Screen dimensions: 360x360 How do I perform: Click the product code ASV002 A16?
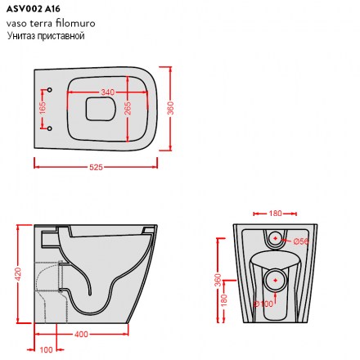[34, 9]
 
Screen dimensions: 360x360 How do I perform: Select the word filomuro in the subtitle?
[75, 23]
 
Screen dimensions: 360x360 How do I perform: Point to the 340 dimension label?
[107, 92]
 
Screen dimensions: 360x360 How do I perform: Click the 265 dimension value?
[128, 108]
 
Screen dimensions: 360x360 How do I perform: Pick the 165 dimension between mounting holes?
[43, 108]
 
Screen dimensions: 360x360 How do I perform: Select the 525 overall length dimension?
[96, 167]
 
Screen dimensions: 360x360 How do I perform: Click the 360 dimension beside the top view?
[170, 108]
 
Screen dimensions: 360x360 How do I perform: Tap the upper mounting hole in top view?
[50, 90]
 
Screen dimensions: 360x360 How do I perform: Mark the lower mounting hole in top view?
[50, 128]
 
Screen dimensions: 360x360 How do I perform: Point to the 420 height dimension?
[17, 274]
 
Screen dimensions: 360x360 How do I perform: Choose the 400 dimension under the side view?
[81, 334]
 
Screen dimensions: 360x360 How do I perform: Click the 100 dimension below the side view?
[46, 349]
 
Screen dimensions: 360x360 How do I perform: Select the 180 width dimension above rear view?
[275, 214]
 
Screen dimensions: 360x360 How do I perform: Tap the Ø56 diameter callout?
[301, 241]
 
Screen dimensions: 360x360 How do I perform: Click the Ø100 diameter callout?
[263, 304]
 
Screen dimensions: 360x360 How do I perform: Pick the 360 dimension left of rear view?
[218, 280]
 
